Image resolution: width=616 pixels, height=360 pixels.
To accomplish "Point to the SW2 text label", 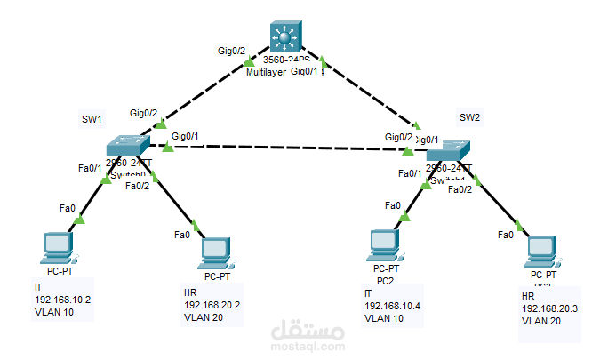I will (469, 117).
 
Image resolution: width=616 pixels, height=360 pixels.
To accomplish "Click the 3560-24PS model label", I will (285, 60).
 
